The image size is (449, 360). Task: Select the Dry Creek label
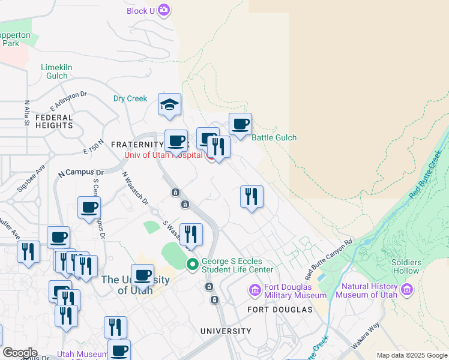tap(130, 98)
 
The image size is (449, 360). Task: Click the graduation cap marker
tap(169, 104)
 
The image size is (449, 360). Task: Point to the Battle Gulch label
tap(274, 137)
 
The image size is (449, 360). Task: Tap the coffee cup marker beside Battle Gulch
tap(240, 124)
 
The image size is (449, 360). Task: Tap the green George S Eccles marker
tap(193, 263)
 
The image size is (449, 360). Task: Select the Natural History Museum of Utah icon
tap(408, 290)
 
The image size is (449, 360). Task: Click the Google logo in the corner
tap(20, 353)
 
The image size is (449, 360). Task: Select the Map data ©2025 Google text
tap(412, 355)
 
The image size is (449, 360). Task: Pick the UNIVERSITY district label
tap(226, 331)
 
